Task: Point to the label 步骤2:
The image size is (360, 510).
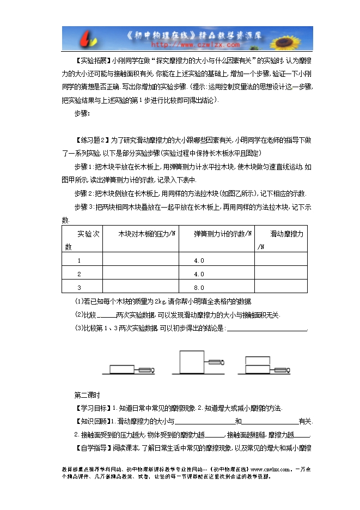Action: point(84,193)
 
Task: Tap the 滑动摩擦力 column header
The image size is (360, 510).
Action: point(287,233)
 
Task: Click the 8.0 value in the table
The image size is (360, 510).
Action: point(199,288)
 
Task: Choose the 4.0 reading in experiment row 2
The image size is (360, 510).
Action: point(199,274)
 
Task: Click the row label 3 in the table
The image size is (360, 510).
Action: point(79,288)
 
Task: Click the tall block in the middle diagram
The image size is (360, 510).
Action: point(192,362)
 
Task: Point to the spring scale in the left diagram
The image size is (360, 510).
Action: point(147,370)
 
